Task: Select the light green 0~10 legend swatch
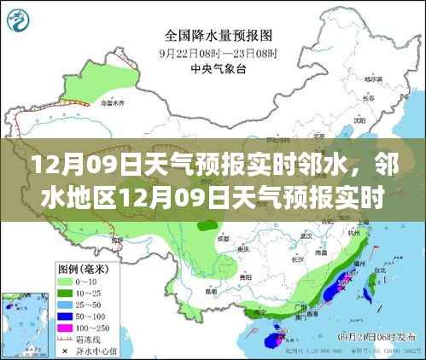[x=65, y=280]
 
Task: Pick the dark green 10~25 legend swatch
[x=65, y=292]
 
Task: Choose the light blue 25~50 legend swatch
[x=65, y=304]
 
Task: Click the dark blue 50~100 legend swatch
[x=65, y=316]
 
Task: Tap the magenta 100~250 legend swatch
[x=65, y=328]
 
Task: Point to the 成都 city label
[x=225, y=240]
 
